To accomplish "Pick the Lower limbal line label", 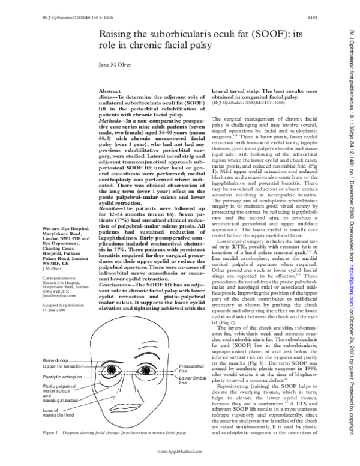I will coord(199,380).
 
